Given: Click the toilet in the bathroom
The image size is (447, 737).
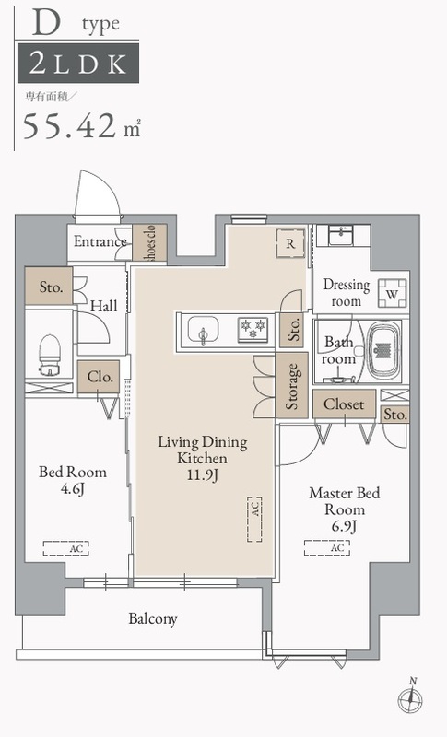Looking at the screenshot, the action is point(49,355).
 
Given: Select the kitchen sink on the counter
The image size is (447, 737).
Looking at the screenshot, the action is point(203,330).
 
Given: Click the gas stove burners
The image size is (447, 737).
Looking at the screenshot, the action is point(253,328).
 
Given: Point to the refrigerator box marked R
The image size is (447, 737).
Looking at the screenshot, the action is point(290,243).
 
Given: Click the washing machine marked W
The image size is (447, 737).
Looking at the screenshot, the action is point(393,293).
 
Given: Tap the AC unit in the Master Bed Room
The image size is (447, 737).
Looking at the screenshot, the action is point(327,547).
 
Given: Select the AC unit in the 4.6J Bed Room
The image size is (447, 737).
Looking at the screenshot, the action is point(65,548).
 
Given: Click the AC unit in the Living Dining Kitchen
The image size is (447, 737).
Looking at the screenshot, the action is point(254,520).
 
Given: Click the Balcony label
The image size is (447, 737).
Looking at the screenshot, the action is point(153,618).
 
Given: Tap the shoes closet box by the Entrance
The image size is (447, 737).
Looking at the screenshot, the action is point(149,242).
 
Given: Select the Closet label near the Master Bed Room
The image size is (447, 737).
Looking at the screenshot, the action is point(344,404).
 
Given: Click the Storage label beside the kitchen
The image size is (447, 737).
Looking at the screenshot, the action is point(291,386).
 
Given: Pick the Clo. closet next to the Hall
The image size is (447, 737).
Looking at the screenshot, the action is point(99,377).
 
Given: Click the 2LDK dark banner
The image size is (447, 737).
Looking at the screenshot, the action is point(78,63).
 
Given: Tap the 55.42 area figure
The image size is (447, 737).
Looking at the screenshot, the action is point(69,126).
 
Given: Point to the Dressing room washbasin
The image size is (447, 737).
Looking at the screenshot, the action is point(343,235).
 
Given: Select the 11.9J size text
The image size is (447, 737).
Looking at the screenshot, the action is point(203,474).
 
